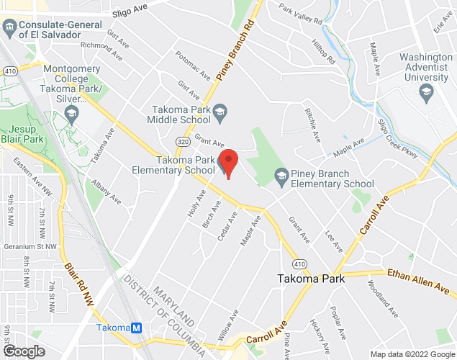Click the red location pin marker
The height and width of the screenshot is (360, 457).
point(228,163)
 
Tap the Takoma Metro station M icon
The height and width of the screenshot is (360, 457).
point(137,328)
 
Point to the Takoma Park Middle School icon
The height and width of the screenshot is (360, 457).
point(220,110)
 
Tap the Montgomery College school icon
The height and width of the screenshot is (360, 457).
point(71,113)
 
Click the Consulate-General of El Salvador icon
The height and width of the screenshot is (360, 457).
point(9,28)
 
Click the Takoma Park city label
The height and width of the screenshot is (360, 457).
point(311,279)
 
